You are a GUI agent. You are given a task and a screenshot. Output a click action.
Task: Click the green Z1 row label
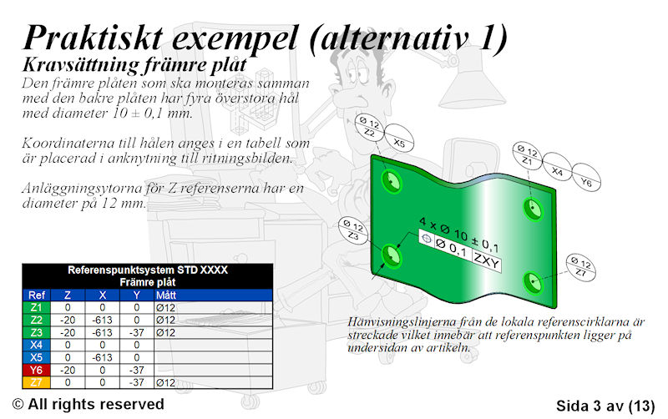point(37,307)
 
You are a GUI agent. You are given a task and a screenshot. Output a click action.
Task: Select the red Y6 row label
point(37,370)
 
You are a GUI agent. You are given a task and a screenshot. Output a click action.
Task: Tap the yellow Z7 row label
point(37,382)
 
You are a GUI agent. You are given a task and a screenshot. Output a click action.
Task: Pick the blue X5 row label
point(37,358)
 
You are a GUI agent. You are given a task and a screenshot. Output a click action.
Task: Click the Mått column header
point(165,295)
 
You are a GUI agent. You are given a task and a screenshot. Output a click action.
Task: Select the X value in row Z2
point(102,321)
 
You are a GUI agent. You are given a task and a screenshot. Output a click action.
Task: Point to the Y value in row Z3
point(136,332)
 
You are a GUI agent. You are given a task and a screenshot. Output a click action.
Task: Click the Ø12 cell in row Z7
point(165,383)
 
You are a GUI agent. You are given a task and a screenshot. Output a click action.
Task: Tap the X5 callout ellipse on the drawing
point(399,139)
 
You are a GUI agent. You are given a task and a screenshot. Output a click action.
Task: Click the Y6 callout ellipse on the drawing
point(586,178)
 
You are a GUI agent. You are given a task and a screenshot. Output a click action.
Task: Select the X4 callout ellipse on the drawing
point(557,167)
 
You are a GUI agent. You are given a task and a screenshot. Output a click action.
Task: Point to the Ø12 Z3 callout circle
point(353,230)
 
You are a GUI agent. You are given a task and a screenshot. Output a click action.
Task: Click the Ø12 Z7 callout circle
point(580,267)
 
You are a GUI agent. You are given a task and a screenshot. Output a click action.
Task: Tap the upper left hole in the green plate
point(392,181)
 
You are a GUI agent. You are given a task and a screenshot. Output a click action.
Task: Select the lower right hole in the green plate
point(533,282)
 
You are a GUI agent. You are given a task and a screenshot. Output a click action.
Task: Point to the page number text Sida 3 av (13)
point(605,406)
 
